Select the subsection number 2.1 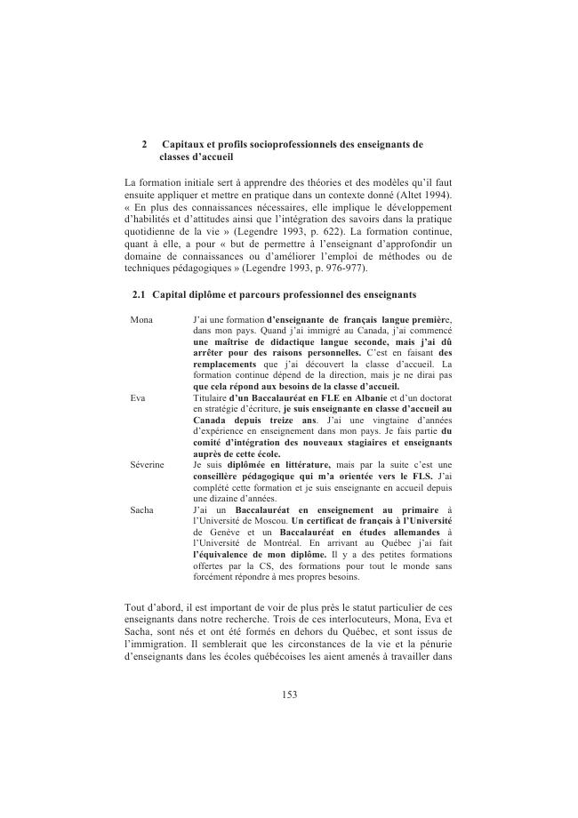pos(139,293)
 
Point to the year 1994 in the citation pos(433,194)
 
